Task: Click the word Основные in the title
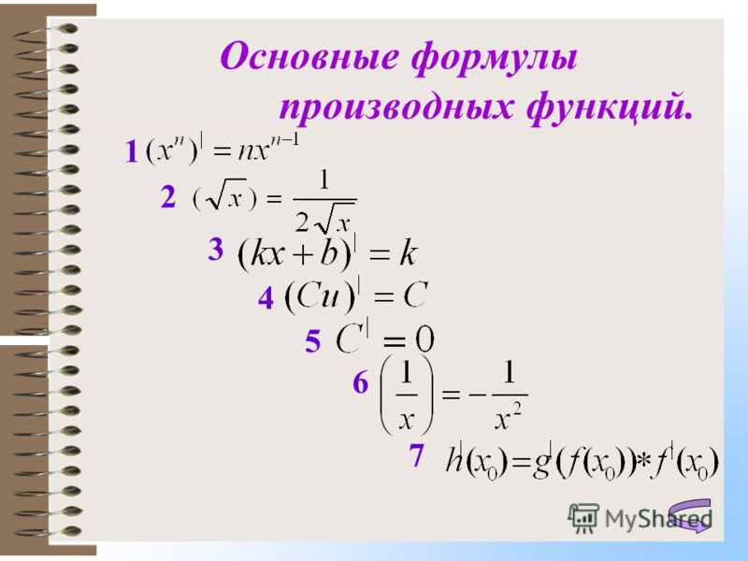pos(309,57)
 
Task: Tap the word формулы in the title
pos(495,59)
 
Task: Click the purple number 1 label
pos(131,151)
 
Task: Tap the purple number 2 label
pos(168,196)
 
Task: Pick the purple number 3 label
pos(216,249)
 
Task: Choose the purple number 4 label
pos(266,298)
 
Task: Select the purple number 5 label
pos(313,341)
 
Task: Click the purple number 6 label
pos(361,382)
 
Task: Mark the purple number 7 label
pos(416,454)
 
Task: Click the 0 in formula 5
pos(424,339)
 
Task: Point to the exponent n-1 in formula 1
pos(284,142)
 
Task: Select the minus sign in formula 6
pos(478,395)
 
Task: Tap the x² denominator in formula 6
pos(509,418)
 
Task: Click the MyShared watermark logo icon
pos(583,518)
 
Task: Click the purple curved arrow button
pos(690,515)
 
